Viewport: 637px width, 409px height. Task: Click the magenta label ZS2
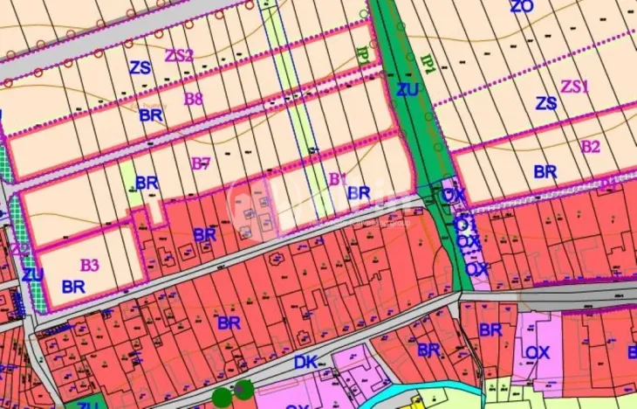[179, 55]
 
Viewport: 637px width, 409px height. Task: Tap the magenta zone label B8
[193, 98]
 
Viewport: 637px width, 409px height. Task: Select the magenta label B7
[201, 163]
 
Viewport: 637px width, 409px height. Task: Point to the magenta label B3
[90, 264]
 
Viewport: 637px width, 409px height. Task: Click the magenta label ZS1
[575, 86]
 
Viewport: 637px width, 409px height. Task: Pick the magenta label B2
[591, 146]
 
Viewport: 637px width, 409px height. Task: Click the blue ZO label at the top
[521, 7]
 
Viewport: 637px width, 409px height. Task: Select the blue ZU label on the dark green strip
[407, 89]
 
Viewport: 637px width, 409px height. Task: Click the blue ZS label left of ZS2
[140, 67]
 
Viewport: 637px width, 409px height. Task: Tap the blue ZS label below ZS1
[546, 103]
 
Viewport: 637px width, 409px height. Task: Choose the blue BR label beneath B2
[545, 172]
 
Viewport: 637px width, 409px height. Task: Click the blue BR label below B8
[150, 114]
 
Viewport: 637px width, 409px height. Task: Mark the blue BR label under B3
[73, 286]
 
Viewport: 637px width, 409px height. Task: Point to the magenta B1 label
[337, 179]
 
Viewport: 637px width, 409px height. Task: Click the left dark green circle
[223, 397]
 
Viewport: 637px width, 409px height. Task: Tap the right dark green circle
[244, 389]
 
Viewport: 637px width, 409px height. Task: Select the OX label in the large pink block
[538, 352]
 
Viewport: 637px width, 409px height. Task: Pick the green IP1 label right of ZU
[429, 64]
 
